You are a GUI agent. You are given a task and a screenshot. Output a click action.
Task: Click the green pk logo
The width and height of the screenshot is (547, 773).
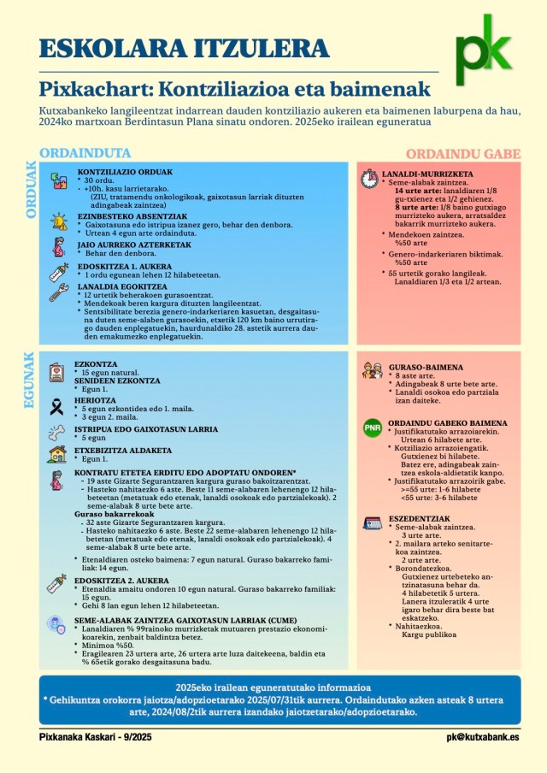click(x=484, y=50)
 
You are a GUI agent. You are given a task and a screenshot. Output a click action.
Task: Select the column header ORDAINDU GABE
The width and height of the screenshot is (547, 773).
click(x=462, y=154)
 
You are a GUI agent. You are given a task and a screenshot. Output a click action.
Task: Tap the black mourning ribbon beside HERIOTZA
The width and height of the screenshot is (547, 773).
click(x=57, y=407)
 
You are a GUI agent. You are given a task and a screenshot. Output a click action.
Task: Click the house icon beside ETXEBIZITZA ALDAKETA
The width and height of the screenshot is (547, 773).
click(x=57, y=454)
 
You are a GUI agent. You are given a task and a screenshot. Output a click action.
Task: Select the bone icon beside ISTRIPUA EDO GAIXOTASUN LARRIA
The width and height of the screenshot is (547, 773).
click(x=57, y=431)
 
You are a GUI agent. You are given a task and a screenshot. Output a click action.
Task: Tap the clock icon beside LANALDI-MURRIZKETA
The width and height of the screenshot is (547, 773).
click(x=368, y=179)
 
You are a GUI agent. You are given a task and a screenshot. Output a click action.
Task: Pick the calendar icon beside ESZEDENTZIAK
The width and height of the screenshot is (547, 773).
click(x=372, y=523)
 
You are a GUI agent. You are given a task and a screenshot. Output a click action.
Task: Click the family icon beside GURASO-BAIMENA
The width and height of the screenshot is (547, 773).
click(x=372, y=370)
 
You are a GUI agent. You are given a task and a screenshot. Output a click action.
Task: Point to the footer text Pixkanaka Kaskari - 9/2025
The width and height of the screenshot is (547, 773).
click(x=95, y=736)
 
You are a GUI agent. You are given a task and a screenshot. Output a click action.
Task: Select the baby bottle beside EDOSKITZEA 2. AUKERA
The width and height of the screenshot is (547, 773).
click(x=57, y=584)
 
